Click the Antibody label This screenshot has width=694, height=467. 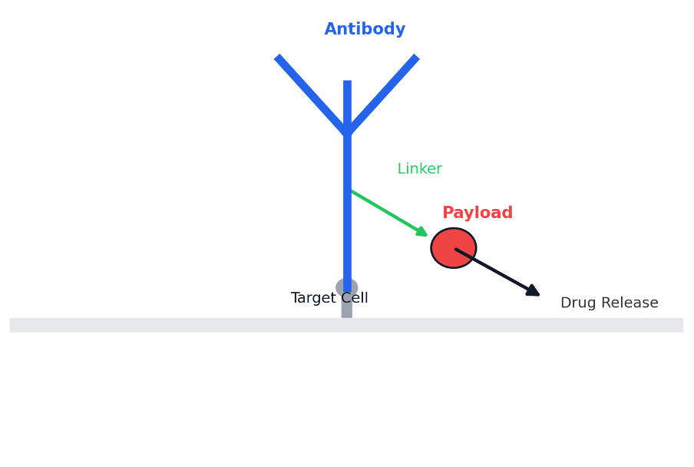(x=365, y=29)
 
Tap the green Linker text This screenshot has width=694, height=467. (x=419, y=168)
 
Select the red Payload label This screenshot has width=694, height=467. (x=477, y=213)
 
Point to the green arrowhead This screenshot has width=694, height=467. (x=421, y=231)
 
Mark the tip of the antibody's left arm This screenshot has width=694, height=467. (x=278, y=58)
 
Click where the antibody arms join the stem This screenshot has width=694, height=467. (x=347, y=131)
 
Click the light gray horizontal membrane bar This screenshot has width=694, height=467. (x=154, y=325)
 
